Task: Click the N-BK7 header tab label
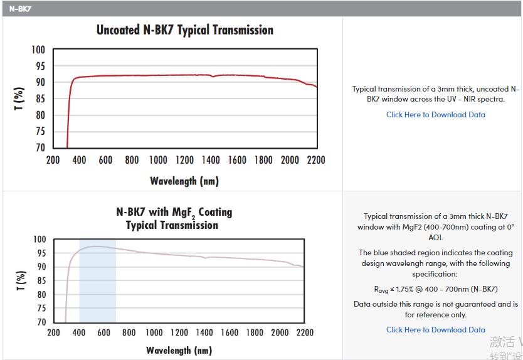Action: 21,9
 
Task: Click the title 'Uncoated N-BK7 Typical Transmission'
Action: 185,30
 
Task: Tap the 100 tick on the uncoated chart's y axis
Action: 39,50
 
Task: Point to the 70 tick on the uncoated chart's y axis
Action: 39,147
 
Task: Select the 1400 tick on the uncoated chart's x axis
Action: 211,160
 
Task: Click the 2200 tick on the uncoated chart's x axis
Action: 316,160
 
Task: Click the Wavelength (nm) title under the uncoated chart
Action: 184,181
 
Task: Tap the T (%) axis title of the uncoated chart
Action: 19,99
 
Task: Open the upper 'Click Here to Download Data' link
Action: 435,115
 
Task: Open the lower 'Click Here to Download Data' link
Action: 435,330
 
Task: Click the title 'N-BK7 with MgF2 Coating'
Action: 174,212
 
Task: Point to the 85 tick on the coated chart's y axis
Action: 40,280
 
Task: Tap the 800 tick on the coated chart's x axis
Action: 129,332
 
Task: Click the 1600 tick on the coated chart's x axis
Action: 230,332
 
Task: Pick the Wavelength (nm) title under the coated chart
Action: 179,350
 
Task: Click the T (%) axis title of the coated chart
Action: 21,280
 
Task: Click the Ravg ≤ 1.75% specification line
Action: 435,289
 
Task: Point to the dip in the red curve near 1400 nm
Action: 213,77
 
